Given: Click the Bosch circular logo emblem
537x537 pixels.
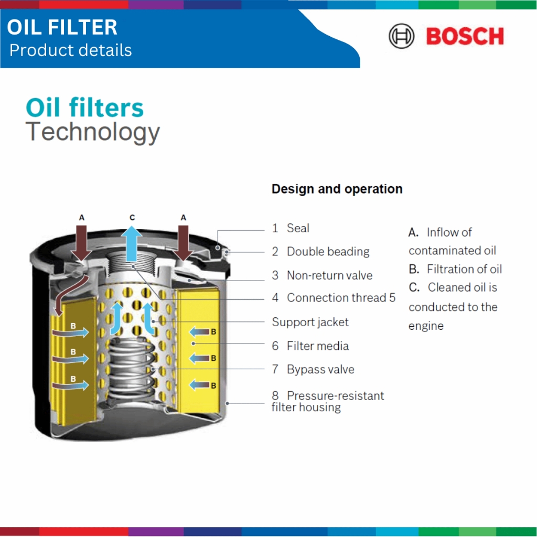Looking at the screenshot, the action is coord(401,36).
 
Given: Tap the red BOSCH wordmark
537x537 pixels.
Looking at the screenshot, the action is coord(465,36).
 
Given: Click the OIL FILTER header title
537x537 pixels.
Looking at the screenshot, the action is coord(62,27).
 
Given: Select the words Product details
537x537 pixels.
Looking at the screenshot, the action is coord(71,50).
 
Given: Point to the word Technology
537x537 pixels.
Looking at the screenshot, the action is coord(92,132).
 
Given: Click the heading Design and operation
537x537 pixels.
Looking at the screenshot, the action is coord(337,189).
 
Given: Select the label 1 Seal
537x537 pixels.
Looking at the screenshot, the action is coord(291,228).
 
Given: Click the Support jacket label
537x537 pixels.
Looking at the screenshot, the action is coord(310,323).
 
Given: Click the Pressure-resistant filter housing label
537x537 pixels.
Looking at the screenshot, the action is coord(328,401).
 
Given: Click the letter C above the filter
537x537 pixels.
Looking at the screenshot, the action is coord(132,218).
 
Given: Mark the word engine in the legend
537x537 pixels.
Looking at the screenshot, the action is coord(426,326).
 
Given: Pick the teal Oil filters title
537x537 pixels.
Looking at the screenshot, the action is coord(84,108).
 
